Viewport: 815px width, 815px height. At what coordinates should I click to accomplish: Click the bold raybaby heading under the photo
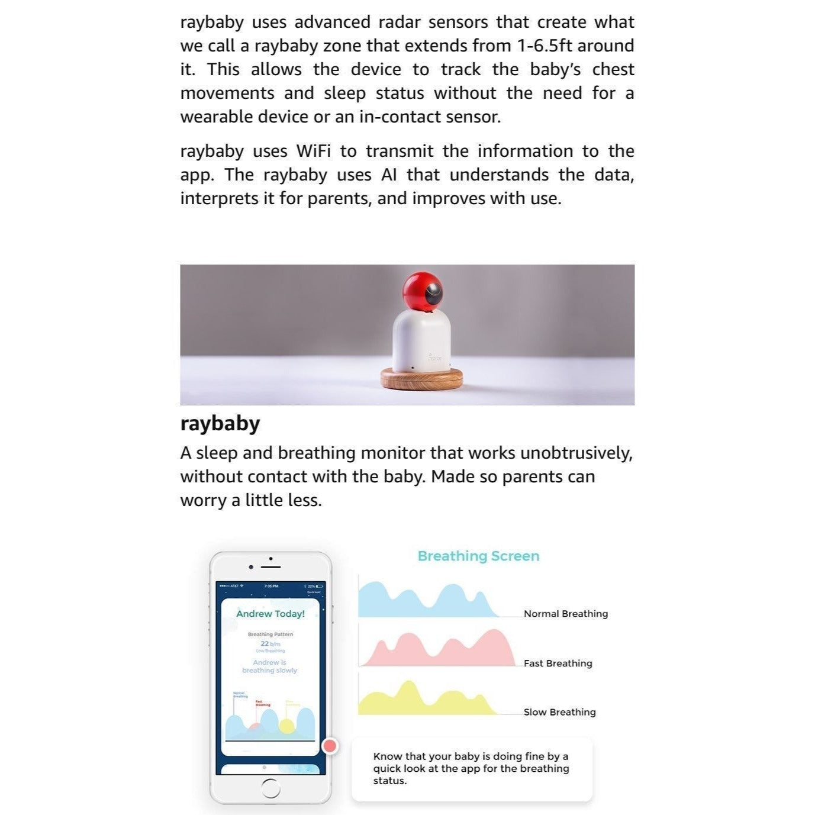tap(220, 424)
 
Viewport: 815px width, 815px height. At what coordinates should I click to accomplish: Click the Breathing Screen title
tap(478, 556)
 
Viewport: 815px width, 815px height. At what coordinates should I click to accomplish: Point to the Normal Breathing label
tap(565, 614)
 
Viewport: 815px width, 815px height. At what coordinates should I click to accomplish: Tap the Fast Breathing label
tap(558, 663)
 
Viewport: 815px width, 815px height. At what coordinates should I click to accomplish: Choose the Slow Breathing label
tap(559, 712)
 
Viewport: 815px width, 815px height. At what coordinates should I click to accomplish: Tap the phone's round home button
tap(270, 788)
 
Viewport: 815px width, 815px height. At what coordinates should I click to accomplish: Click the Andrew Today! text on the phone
tap(270, 614)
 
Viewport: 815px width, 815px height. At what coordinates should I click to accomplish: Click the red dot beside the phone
tap(330, 746)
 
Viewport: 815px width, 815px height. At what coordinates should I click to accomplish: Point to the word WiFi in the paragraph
tap(313, 151)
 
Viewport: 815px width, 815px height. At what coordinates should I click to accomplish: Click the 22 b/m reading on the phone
tap(270, 643)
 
